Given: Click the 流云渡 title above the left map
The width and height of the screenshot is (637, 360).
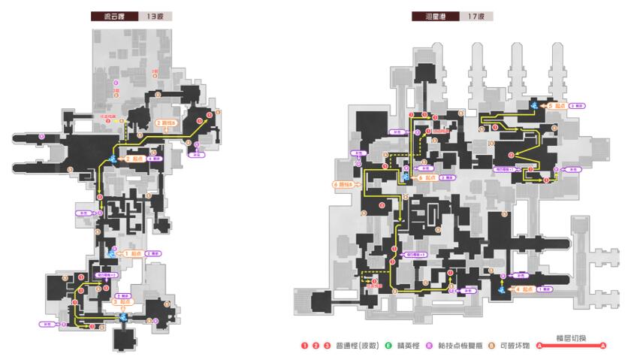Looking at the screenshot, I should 107,15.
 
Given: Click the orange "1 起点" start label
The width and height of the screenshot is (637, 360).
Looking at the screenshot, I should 132,254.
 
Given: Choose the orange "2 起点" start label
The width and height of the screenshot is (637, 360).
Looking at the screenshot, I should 134,159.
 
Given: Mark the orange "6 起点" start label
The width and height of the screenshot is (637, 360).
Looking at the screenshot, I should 427,177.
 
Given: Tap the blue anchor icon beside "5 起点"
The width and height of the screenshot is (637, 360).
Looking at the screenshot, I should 533,107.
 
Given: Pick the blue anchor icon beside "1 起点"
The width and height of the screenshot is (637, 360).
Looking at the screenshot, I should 113,254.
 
